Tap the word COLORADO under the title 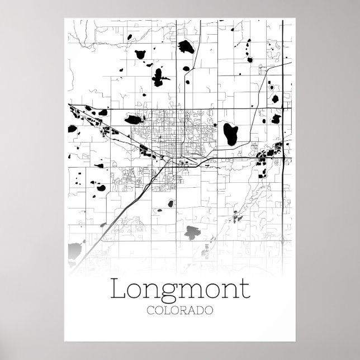180,311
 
